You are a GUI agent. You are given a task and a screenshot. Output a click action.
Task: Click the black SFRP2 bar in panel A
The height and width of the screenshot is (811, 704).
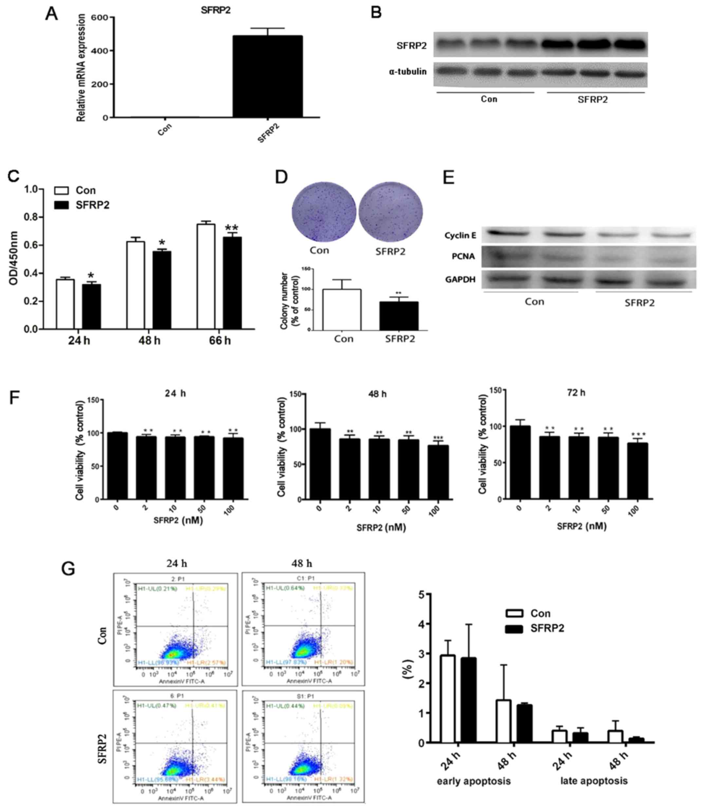coord(268,77)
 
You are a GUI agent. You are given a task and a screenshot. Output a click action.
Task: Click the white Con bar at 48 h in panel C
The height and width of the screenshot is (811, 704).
coord(136,285)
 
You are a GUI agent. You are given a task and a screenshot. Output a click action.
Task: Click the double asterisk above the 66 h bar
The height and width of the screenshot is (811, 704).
coord(232,228)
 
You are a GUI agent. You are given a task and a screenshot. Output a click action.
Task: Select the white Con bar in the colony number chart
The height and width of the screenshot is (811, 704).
coord(342,310)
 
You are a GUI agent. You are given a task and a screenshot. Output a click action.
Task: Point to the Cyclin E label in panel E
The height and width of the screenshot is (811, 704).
coord(460,235)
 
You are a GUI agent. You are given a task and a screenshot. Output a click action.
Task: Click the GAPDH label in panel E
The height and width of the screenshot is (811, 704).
coord(460,279)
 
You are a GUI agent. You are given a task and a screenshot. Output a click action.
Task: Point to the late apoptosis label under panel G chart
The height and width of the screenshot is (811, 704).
coord(594,781)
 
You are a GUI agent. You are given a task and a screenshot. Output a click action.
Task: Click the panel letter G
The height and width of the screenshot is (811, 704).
coord(68,568)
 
